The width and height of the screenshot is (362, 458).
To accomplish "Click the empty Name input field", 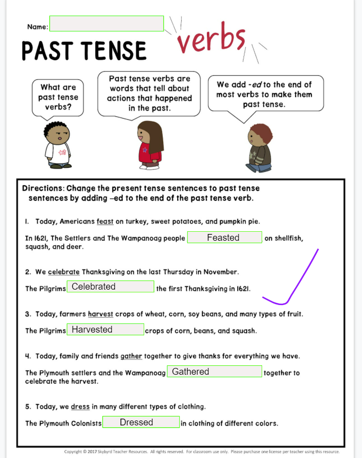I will (106, 24).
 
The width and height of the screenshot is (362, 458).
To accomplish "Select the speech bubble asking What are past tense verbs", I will (58, 97).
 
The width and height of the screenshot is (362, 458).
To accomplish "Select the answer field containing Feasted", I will (224, 237).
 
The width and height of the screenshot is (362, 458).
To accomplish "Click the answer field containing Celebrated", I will (110, 286).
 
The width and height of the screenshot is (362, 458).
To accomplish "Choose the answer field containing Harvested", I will (105, 329).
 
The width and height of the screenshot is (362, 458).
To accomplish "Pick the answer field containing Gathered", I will (214, 372).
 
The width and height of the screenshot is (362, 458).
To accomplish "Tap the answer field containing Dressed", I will (141, 422).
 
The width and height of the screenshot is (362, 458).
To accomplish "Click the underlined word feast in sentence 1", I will (105, 222).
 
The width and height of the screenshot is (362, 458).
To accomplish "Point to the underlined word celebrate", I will (64, 272).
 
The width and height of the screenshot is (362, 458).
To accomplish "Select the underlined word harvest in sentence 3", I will (100, 314).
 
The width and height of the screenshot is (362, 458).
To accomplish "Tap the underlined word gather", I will (131, 356).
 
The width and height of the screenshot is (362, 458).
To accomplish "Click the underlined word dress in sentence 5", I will (80, 406).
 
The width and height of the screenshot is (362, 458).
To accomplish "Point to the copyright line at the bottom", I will (202, 452).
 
